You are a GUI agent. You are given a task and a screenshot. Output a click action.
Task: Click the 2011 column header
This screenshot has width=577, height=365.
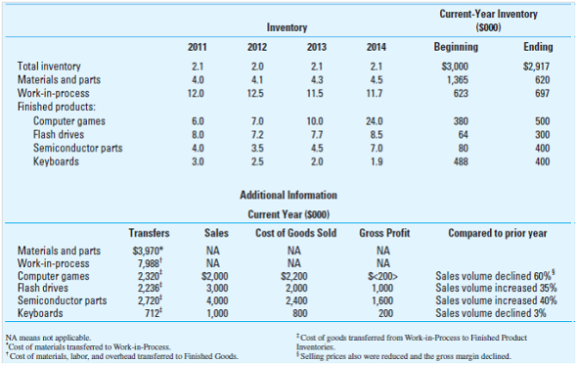[196, 45]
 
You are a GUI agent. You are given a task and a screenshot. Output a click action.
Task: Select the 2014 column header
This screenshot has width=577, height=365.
[375, 45]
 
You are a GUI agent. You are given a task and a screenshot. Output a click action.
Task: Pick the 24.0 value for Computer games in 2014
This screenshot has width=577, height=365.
[375, 120]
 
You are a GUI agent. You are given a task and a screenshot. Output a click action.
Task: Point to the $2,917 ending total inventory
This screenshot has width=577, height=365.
[537, 65]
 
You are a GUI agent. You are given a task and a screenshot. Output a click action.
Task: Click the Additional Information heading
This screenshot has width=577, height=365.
[288, 196]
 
